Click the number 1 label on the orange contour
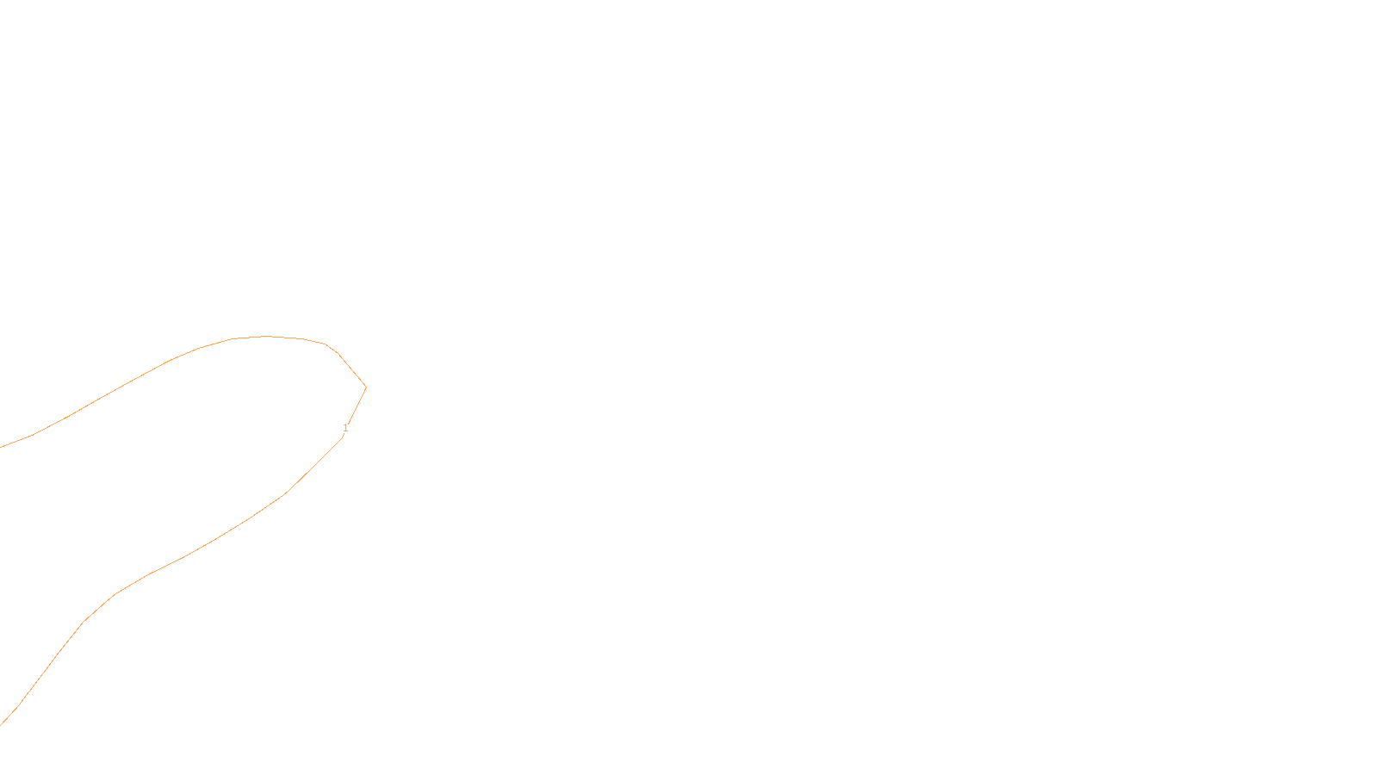click(x=345, y=428)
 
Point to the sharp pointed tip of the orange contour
click(x=366, y=387)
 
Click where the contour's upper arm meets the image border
click(x=1, y=447)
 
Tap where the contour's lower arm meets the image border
click(x=1, y=725)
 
